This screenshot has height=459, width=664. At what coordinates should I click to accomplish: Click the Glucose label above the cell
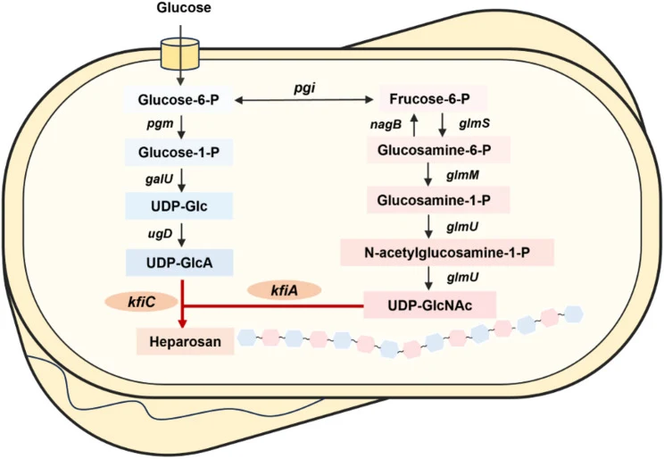(183, 8)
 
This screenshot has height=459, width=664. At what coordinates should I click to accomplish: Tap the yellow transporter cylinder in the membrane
(180, 54)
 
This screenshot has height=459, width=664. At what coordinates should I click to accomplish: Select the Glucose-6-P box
(178, 100)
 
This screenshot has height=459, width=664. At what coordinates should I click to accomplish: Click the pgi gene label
(305, 88)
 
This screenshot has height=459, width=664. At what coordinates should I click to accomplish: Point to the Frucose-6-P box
(430, 99)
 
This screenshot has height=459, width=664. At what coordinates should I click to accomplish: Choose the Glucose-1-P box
(178, 152)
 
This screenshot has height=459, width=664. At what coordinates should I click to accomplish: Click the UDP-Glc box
(178, 206)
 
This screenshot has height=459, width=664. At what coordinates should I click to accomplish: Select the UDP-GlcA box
(179, 263)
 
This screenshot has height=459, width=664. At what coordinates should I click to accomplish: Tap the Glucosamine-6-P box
(435, 150)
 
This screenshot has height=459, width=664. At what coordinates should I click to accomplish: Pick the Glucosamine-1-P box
(434, 200)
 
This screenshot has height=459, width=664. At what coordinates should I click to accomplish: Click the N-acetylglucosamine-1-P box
(447, 253)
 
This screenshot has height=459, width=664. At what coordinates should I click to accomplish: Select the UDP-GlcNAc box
(430, 305)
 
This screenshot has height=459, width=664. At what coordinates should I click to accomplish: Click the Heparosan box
(185, 342)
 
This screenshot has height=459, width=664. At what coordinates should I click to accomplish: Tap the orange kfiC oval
(141, 302)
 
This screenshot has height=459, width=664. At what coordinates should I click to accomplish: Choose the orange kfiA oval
(284, 290)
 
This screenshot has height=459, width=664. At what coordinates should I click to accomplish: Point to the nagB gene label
(386, 125)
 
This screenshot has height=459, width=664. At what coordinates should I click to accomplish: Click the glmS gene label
(474, 123)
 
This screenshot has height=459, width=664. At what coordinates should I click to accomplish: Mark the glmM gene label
(463, 175)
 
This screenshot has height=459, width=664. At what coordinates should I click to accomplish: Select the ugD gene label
(160, 234)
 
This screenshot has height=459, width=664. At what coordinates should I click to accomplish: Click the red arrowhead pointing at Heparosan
(182, 323)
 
